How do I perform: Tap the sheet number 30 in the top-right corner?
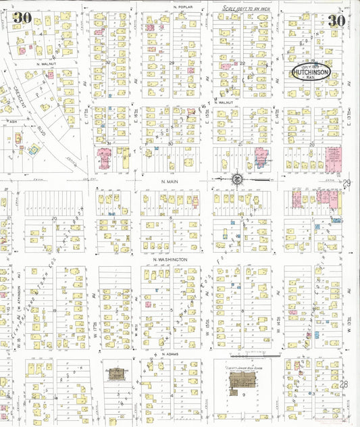tap(336, 20)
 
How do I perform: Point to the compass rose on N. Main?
tap(236, 180)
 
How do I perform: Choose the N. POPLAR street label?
tap(183, 7)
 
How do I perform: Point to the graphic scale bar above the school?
tap(251, 355)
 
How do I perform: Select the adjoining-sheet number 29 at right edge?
tap(347, 183)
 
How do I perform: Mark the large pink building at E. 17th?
tap(105, 159)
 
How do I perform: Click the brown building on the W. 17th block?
tap(115, 374)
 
